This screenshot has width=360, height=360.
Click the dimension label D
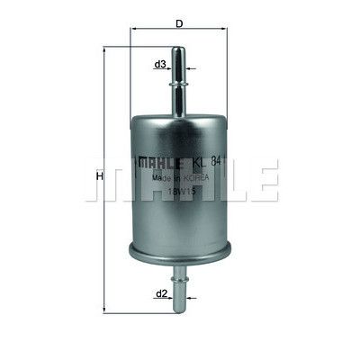(179, 23)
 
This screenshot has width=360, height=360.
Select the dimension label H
(99, 176)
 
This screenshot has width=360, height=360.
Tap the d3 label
(160, 64)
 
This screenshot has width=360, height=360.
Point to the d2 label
(161, 294)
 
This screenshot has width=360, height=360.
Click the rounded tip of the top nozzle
(178, 48)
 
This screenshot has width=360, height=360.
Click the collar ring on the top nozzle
(178, 85)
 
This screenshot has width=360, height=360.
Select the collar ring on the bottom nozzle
(179, 280)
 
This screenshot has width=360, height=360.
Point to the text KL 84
(207, 162)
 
